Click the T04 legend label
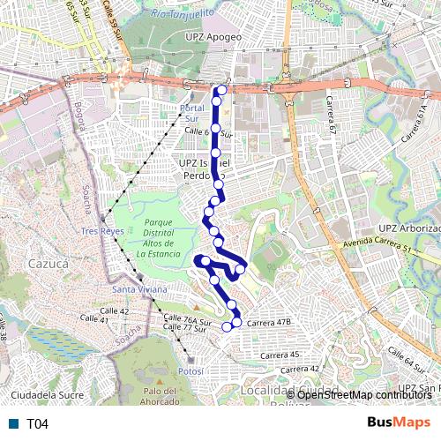(x=36, y=424)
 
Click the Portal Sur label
(x=191, y=113)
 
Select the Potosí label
(x=190, y=372)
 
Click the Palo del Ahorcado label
(x=161, y=397)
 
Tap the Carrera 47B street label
(x=269, y=323)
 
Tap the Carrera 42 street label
(x=302, y=368)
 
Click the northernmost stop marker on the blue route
(x=221, y=89)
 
